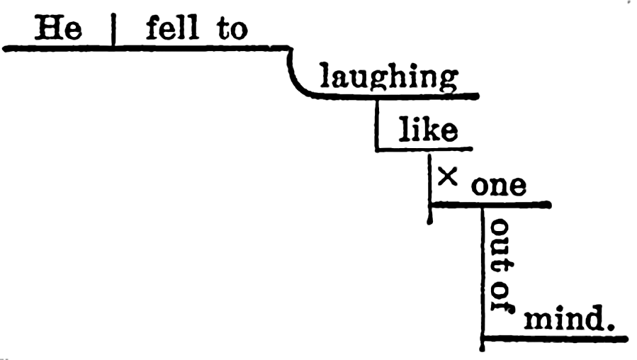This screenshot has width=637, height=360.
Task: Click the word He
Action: [58, 28]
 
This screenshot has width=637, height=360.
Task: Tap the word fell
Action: [173, 28]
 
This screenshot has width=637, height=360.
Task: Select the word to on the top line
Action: [232, 29]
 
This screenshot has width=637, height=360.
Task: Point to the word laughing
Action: [389, 77]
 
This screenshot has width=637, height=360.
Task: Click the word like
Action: [428, 129]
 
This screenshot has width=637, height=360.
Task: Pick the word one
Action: [499, 186]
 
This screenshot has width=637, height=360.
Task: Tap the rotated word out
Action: [502, 244]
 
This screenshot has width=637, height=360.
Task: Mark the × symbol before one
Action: [448, 176]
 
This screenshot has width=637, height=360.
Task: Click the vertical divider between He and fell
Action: [113, 30]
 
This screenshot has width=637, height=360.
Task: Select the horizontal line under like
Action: [424, 150]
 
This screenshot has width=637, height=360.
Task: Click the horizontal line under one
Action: [490, 204]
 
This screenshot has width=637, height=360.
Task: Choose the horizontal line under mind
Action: [555, 339]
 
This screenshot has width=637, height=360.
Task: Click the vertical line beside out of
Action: [483, 279]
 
